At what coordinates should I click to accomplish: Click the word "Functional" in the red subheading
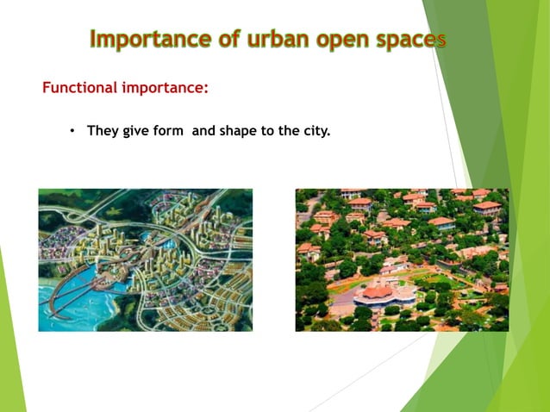78,88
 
